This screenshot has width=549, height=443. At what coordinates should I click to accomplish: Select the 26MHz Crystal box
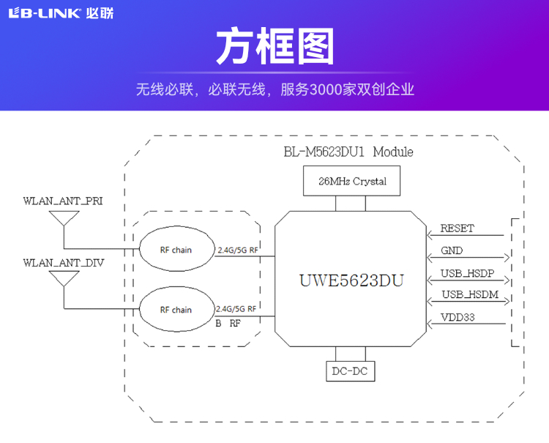[x=352, y=181]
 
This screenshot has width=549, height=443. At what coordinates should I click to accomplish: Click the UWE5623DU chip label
[x=351, y=280]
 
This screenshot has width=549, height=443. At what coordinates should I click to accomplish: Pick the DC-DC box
[x=351, y=371]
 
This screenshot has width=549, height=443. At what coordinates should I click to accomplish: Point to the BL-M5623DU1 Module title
[x=348, y=152]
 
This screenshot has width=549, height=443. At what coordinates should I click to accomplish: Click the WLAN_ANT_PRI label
[x=63, y=201]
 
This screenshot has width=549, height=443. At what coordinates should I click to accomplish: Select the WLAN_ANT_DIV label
[x=63, y=261]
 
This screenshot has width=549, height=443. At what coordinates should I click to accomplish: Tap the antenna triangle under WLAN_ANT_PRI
[x=64, y=218]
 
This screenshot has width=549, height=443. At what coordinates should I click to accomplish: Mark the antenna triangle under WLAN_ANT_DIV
[x=64, y=278]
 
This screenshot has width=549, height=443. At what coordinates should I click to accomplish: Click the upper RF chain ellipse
[x=176, y=250]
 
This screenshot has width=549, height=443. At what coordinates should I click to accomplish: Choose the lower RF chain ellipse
[x=176, y=310]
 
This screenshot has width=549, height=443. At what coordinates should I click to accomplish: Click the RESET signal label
[x=457, y=228]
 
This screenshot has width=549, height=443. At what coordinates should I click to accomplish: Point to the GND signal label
[x=452, y=250]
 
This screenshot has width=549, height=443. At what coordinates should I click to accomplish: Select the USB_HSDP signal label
[x=467, y=274]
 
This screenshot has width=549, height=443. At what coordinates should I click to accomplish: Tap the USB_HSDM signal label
[x=468, y=296]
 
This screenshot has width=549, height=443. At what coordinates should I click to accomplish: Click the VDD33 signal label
[x=457, y=318]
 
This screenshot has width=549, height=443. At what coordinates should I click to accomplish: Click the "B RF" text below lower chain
[x=228, y=322]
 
